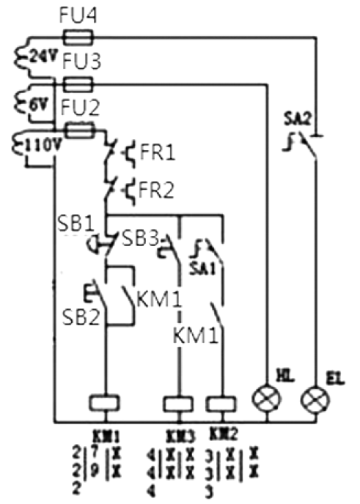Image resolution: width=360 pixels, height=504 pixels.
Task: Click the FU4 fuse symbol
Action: click(79, 37)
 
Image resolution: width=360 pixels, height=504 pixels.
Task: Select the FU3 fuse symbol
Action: click(79, 85)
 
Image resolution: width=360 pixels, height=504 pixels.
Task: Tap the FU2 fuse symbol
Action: click(80, 130)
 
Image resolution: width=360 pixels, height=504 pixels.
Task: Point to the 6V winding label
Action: click(40, 104)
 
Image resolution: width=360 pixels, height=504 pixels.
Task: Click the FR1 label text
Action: click(158, 152)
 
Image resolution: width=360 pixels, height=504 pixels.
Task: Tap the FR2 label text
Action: click(156, 190)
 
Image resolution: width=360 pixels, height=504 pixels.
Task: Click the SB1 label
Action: click(76, 223)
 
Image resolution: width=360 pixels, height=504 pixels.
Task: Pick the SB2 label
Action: click(81, 317)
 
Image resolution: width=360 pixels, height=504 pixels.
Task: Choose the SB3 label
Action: click(141, 239)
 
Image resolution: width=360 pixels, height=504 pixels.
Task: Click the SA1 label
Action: click(202, 269)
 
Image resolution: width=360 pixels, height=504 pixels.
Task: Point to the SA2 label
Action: click(298, 119)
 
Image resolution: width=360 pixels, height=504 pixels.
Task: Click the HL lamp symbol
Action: click(267, 399)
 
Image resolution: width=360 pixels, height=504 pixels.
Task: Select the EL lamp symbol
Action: click(315, 401)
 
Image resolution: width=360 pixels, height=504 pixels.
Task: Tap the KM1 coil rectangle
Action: click(104, 402)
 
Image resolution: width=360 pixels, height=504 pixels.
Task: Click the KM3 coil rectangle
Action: click(179, 404)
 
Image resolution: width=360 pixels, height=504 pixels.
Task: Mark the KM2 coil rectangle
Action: click(221, 404)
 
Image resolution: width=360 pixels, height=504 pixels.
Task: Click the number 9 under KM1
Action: click(95, 472)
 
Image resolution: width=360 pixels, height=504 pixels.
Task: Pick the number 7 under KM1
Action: click(95, 453)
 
